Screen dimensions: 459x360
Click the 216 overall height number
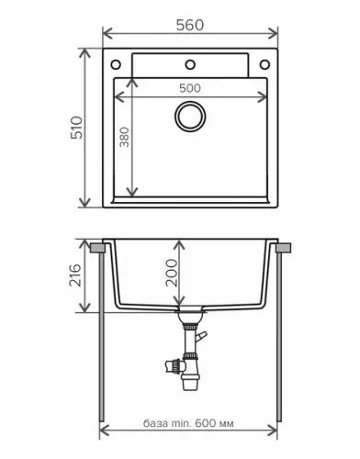(76, 275)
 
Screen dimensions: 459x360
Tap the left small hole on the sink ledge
(117, 64)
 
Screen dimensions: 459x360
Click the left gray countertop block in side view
(96, 247)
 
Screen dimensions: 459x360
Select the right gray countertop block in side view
(285, 247)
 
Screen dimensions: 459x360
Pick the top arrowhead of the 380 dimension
(134, 82)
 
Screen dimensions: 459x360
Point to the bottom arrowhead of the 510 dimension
(88, 204)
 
